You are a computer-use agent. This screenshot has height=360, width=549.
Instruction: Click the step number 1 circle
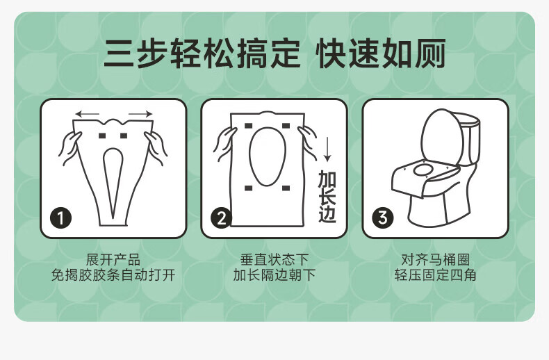coord(61,218)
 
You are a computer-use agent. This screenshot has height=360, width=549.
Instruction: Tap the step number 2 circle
coord(221,218)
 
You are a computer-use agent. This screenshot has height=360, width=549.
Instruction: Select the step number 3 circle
coord(383,218)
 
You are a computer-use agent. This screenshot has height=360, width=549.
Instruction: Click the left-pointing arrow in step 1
coord(88,114)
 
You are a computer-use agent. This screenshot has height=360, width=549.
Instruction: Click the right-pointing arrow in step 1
coord(140,114)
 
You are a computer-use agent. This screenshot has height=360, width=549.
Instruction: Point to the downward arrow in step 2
coord(327,149)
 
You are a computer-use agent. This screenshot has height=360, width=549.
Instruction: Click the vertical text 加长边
coord(327,197)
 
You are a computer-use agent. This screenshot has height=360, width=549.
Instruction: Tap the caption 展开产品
coord(113,260)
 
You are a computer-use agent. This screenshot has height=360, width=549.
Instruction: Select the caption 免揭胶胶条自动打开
coord(113,275)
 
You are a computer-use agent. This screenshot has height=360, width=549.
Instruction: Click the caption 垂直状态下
coord(274,260)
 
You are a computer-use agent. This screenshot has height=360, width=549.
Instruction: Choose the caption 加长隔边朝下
coord(274,275)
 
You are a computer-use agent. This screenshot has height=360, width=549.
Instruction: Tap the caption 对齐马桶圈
coord(435,260)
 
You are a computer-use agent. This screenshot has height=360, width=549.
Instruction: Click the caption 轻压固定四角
coord(435,275)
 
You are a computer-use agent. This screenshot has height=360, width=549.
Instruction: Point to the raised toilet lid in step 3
coord(442,137)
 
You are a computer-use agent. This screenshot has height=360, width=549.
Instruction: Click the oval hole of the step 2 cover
coord(267,156)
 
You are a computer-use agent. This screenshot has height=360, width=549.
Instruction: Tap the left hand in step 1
coord(70,148)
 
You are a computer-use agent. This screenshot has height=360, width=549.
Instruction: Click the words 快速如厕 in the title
coord(381,54)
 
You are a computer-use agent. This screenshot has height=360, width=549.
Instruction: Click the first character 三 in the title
coord(119,54)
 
